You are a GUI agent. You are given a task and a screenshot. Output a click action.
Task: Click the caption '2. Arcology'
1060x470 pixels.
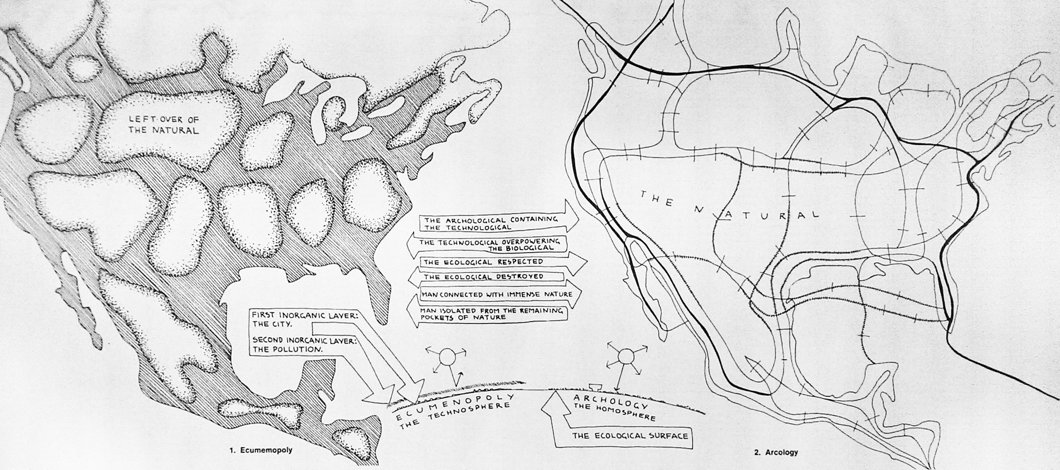[x=775, y=452]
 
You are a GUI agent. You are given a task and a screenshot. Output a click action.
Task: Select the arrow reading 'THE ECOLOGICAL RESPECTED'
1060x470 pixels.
[x=494, y=262]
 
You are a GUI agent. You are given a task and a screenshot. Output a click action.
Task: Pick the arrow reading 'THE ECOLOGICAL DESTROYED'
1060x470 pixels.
[x=485, y=276]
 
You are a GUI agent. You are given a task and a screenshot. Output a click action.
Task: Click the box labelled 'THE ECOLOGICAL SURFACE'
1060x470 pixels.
[x=630, y=436]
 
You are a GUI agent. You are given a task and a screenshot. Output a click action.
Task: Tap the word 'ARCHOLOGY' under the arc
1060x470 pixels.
[x=610, y=401]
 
